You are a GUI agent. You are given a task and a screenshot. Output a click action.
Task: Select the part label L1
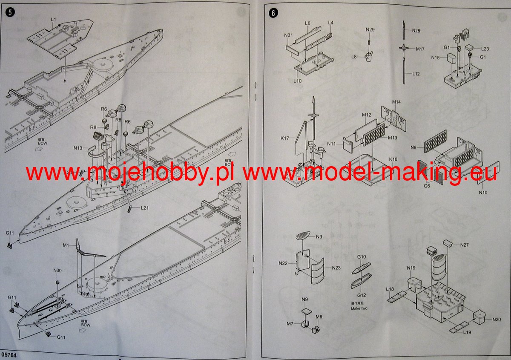click(53, 20)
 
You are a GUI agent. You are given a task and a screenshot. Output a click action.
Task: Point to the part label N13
click(78, 148)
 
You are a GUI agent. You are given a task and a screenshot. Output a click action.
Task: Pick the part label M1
click(66, 245)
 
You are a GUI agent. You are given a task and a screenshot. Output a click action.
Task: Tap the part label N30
click(57, 271)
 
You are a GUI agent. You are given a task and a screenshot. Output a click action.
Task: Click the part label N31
click(288, 35)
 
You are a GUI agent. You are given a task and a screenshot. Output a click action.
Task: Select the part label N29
click(370, 29)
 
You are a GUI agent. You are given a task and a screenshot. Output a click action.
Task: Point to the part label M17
click(420, 49)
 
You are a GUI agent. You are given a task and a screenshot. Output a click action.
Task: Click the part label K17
click(286, 138)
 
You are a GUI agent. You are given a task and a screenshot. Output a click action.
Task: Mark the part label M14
click(396, 102)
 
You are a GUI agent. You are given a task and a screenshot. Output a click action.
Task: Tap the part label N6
click(413, 147)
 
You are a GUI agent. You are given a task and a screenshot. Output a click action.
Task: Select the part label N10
click(482, 193)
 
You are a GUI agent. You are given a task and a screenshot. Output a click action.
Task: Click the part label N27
click(464, 245)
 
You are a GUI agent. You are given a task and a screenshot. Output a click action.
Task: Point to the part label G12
click(362, 295)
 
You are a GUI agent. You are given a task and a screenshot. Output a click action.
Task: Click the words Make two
click(359, 308)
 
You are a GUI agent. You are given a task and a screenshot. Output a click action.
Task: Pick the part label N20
click(497, 320)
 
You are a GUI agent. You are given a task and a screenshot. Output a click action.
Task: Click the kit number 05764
click(9, 354)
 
